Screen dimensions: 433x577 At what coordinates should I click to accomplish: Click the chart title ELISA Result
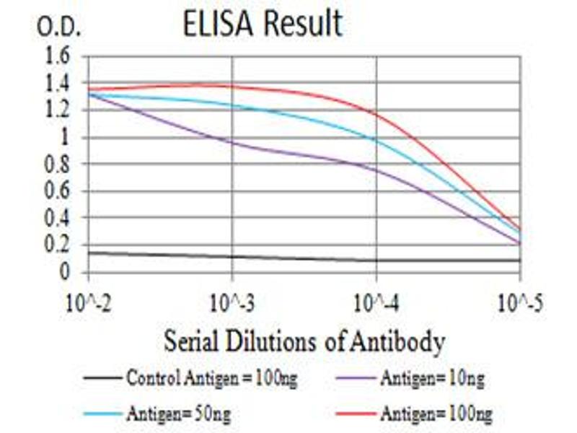coord(262,24)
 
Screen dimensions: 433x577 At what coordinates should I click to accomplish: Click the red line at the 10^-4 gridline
coord(376,113)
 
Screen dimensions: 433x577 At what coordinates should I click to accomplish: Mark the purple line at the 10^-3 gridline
coord(232,142)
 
